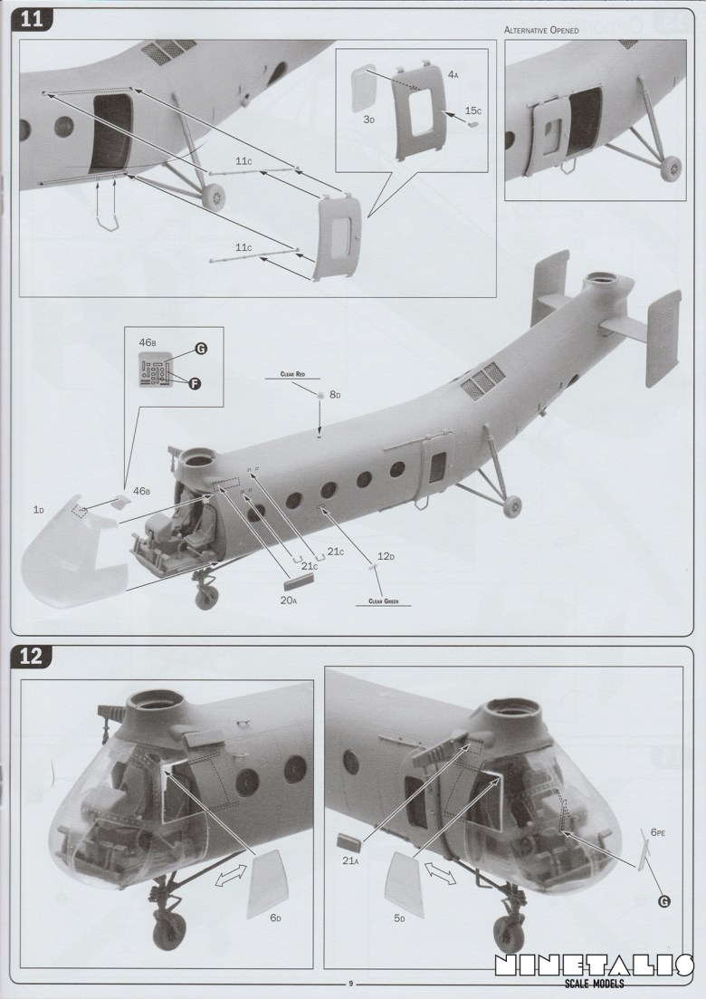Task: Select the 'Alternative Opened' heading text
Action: click(x=541, y=30)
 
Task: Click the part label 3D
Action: click(x=368, y=119)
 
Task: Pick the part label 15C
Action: click(x=473, y=110)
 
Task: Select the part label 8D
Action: click(x=334, y=395)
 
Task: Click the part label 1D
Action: click(x=38, y=510)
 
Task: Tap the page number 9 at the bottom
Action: click(x=350, y=984)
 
